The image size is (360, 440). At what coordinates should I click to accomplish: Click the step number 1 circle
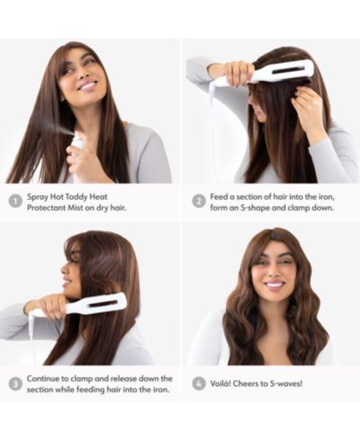pyautogui.click(x=14, y=202)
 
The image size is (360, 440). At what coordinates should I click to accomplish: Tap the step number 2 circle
pyautogui.click(x=198, y=202)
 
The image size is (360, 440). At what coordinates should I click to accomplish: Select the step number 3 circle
pyautogui.click(x=14, y=384)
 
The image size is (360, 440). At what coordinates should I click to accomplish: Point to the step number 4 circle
pyautogui.click(x=198, y=383)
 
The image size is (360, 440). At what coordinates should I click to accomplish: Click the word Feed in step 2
pyautogui.click(x=219, y=197)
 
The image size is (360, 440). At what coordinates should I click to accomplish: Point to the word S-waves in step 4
pyautogui.click(x=286, y=383)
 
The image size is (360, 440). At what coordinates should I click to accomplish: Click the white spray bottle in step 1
pyautogui.click(x=77, y=150)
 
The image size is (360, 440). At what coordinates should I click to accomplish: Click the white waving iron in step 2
pyautogui.click(x=264, y=73)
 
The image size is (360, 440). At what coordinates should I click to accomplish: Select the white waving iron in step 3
pyautogui.click(x=78, y=305)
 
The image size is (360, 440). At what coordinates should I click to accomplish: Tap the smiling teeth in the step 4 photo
pyautogui.click(x=275, y=283)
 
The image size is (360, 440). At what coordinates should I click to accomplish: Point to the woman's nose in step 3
pyautogui.click(x=63, y=269)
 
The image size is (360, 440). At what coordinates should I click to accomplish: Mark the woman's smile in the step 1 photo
pyautogui.click(x=88, y=86)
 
